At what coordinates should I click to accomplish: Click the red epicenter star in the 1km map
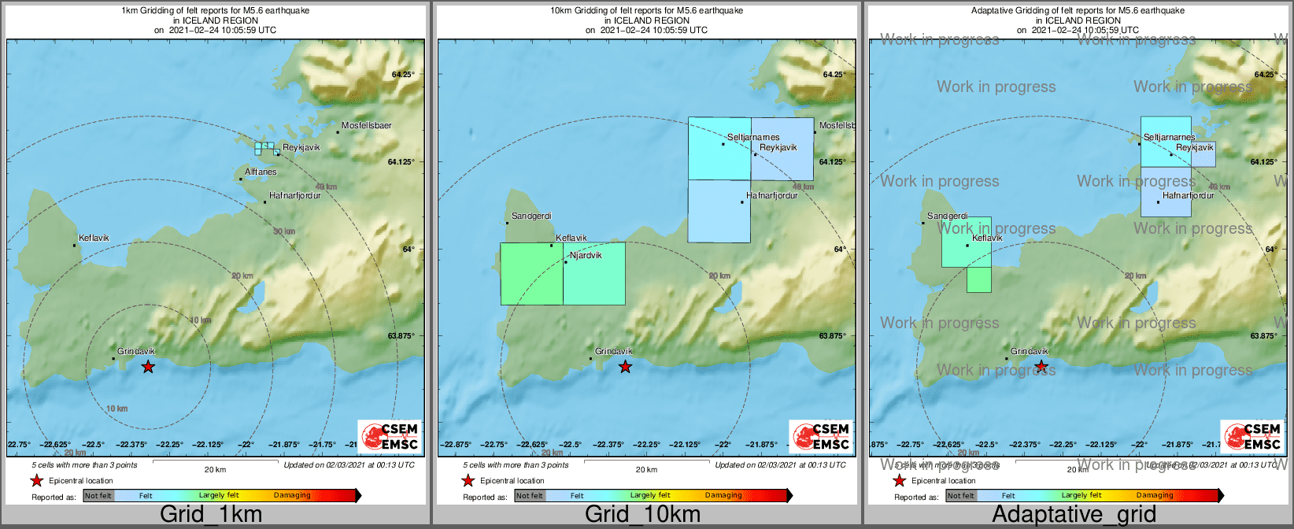(148, 367)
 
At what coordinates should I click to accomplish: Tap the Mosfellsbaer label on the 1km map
(367, 126)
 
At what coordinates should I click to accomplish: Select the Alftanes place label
(261, 172)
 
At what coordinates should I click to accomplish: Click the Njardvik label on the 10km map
(585, 255)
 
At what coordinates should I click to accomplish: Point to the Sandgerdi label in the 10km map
(531, 216)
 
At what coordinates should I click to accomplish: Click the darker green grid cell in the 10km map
(531, 274)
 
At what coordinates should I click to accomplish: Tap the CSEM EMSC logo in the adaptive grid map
(1251, 437)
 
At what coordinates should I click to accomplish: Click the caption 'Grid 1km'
(211, 515)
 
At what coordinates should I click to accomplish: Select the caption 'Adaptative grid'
(1074, 515)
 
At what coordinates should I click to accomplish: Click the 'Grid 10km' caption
(642, 515)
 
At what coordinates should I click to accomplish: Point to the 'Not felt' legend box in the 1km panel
(98, 496)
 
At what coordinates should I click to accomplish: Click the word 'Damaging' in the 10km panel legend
(723, 496)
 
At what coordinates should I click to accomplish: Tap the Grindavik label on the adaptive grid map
(1030, 352)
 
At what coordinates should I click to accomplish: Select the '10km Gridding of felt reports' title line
(646, 11)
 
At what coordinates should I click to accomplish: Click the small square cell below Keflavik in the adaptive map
(979, 280)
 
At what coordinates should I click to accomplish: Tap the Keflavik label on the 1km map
(94, 239)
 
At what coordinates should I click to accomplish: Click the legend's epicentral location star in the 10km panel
(468, 481)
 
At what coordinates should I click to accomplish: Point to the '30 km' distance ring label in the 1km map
(284, 231)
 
